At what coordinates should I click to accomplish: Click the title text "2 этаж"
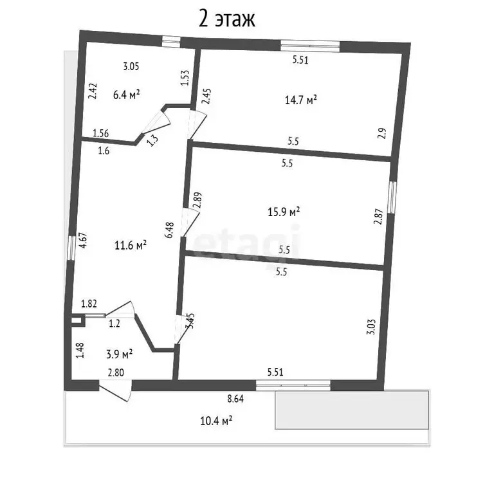(226, 19)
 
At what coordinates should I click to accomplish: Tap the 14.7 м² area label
(301, 100)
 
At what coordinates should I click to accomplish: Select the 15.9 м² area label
(284, 212)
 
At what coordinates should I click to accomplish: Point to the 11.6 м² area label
(131, 245)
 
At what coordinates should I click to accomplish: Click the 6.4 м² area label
(126, 95)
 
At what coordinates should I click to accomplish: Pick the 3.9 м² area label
(119, 354)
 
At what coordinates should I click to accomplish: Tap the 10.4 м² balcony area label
(216, 421)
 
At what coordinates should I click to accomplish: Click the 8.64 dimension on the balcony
(235, 399)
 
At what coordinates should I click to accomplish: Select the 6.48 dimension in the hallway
(170, 230)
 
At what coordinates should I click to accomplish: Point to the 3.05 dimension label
(131, 66)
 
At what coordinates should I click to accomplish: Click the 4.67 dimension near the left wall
(83, 241)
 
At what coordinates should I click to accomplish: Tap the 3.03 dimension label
(372, 327)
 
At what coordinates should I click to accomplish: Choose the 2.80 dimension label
(116, 372)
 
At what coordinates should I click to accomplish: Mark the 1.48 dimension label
(80, 351)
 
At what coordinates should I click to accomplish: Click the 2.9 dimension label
(382, 134)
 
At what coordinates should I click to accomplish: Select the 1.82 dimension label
(89, 304)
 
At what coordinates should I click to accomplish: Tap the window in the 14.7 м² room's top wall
(310, 46)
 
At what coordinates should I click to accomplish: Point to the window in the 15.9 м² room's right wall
(392, 197)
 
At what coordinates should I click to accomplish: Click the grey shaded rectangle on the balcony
(352, 410)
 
